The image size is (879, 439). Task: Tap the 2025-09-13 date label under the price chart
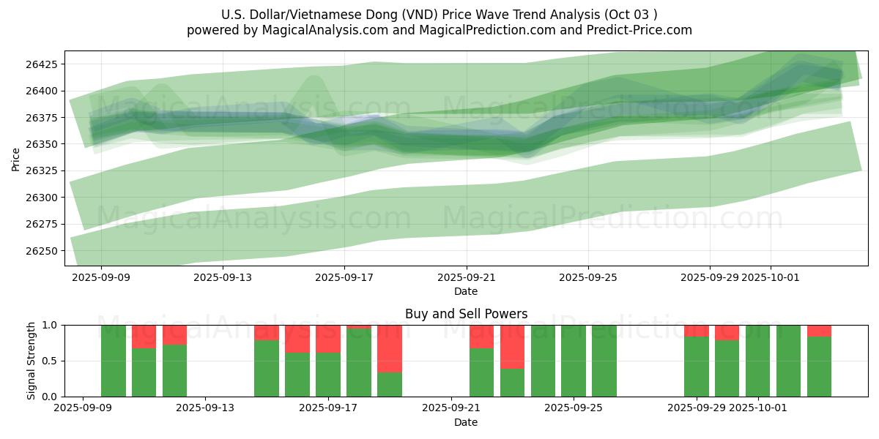point(223,277)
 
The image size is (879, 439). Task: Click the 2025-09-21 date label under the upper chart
point(467,277)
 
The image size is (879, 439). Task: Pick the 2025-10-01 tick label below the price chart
point(770,277)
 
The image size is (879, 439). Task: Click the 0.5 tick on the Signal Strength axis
point(51,361)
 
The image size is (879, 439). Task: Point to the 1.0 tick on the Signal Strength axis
point(51,325)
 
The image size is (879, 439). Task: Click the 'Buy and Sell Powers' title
point(466,314)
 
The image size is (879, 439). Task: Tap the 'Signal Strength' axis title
point(31,361)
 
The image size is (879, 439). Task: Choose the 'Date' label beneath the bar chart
point(466,422)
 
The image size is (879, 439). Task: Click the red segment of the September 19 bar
point(390,348)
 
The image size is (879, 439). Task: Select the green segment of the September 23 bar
point(512,382)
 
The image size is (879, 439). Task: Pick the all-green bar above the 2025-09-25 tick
point(574,361)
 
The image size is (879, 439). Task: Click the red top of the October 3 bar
point(819,330)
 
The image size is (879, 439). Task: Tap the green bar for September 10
point(114,361)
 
